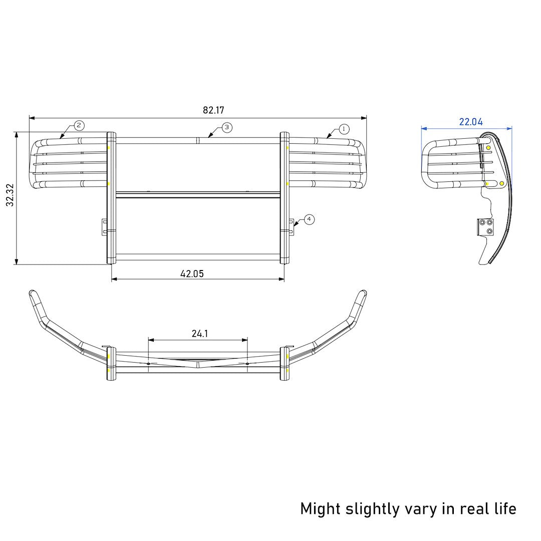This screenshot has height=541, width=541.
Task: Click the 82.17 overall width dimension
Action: (x=213, y=110)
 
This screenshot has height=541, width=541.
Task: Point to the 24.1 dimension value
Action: (x=199, y=334)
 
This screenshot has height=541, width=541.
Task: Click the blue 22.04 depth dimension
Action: (x=471, y=122)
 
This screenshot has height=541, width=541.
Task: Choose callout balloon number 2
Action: (x=79, y=125)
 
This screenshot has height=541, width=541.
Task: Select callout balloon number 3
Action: (x=226, y=128)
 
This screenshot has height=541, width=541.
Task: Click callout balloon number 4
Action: (x=309, y=219)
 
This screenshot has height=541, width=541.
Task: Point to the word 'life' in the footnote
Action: (x=502, y=508)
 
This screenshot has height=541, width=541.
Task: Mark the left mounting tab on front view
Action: (x=104, y=226)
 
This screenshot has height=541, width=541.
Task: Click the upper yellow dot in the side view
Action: (x=488, y=147)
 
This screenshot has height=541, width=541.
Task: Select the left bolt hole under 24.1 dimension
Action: (x=148, y=363)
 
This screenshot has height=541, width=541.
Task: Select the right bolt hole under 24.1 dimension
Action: (x=247, y=363)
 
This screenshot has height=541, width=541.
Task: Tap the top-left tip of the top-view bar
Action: (x=32, y=293)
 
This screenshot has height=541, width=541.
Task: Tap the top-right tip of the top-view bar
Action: (x=363, y=293)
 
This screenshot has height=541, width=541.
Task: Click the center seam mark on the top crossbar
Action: (x=198, y=141)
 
